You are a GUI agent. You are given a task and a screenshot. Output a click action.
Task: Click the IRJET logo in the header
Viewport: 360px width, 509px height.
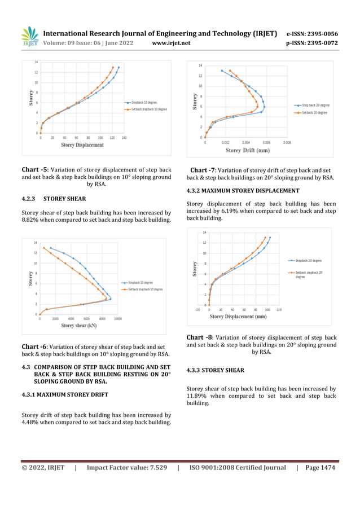click(x=29, y=38)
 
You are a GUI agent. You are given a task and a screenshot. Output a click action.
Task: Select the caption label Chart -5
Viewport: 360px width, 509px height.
click(x=34, y=169)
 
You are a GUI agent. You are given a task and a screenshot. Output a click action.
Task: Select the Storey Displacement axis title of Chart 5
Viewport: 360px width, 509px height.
click(x=82, y=145)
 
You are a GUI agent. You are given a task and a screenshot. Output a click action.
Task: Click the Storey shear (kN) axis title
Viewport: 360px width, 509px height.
click(x=78, y=326)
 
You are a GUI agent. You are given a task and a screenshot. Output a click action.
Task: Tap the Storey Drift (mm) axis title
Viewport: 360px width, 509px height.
click(x=248, y=150)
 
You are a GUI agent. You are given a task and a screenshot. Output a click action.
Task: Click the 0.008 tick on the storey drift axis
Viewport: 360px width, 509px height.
click(x=287, y=143)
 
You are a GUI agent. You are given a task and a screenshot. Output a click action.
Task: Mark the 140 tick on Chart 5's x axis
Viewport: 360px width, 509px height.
click(x=124, y=138)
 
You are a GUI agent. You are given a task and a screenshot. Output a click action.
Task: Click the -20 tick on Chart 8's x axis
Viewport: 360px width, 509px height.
click(x=197, y=310)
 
